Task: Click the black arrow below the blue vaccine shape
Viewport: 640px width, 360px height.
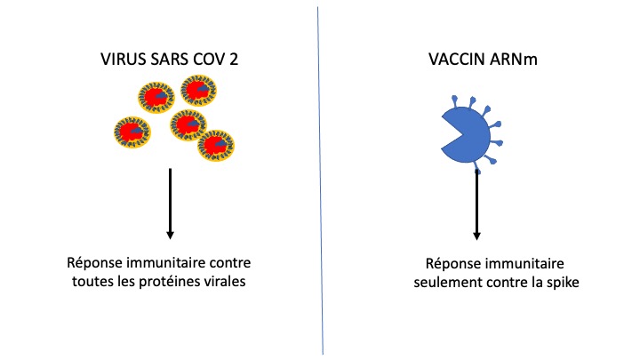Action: (x=477, y=204)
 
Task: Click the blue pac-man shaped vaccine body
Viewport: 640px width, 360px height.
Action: (x=471, y=133)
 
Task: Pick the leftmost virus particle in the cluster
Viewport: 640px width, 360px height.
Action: (x=132, y=132)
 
